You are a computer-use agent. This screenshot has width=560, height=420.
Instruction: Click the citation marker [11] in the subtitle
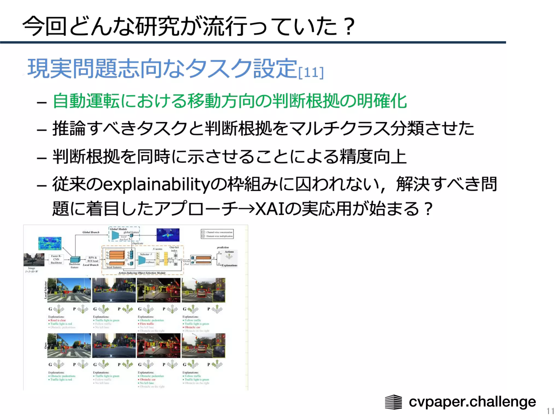311,72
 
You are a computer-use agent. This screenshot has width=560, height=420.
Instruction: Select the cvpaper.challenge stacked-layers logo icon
393,402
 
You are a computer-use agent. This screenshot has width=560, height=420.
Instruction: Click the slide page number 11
550,411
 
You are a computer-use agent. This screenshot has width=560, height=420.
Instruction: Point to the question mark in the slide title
349,27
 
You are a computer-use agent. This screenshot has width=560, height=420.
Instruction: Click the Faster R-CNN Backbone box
56,259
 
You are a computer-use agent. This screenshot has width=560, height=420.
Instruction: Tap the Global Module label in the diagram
119,229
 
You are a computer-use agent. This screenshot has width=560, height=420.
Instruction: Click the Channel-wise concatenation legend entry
219,232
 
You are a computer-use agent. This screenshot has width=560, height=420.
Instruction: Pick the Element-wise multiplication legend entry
219,236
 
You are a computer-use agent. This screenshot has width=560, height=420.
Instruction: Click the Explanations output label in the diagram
229,265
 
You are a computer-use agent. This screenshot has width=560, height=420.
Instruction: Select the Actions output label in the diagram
229,252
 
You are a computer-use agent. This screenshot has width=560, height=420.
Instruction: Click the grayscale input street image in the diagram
34,259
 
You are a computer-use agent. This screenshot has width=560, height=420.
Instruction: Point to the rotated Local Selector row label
46,290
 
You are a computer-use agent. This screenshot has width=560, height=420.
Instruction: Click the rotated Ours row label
46,346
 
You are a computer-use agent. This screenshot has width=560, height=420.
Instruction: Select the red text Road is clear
58,320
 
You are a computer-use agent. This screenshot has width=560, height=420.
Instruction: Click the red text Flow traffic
147,324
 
